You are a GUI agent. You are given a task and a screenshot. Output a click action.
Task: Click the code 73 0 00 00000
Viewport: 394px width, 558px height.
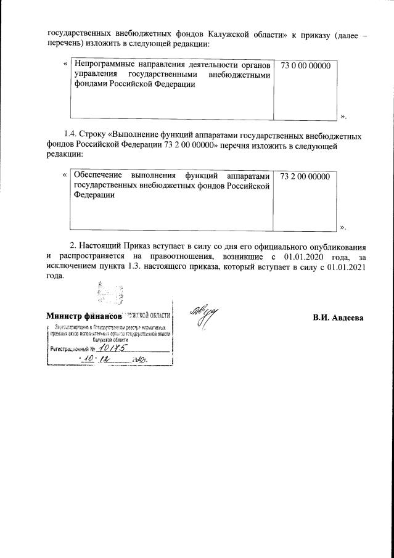pyautogui.click(x=305, y=65)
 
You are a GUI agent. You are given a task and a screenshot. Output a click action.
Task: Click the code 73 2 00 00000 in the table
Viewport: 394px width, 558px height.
pyautogui.click(x=305, y=176)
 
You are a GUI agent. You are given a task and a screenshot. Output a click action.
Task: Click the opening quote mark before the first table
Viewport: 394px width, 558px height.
pyautogui.click(x=65, y=64)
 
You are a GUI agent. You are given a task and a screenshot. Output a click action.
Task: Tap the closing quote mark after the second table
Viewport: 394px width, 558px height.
pyautogui.click(x=343, y=227)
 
